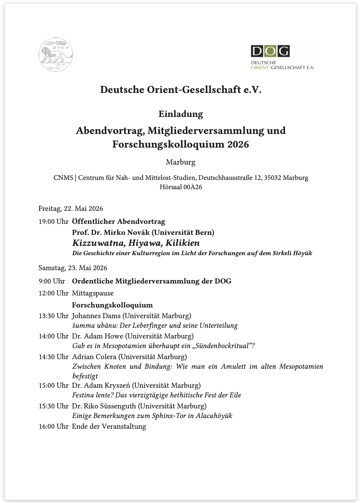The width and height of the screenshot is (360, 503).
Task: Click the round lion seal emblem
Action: click(x=56, y=54)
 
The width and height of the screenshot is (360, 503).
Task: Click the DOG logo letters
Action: click(x=270, y=51)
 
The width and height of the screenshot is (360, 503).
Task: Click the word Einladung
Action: click(x=181, y=114)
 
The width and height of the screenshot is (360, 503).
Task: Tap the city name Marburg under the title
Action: click(x=181, y=162)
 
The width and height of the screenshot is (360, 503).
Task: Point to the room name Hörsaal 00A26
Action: click(x=181, y=187)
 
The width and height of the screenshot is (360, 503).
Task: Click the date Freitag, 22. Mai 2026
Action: click(x=71, y=209)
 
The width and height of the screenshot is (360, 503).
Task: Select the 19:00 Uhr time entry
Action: click(x=53, y=222)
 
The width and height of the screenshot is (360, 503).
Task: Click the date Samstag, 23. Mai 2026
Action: click(x=73, y=268)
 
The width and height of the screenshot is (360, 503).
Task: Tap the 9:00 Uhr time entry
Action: click(x=52, y=281)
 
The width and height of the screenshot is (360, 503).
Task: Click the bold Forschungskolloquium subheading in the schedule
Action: click(x=112, y=305)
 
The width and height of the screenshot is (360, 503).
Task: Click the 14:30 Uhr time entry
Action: click(x=53, y=357)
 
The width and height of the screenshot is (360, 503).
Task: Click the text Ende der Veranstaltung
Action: click(x=109, y=426)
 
